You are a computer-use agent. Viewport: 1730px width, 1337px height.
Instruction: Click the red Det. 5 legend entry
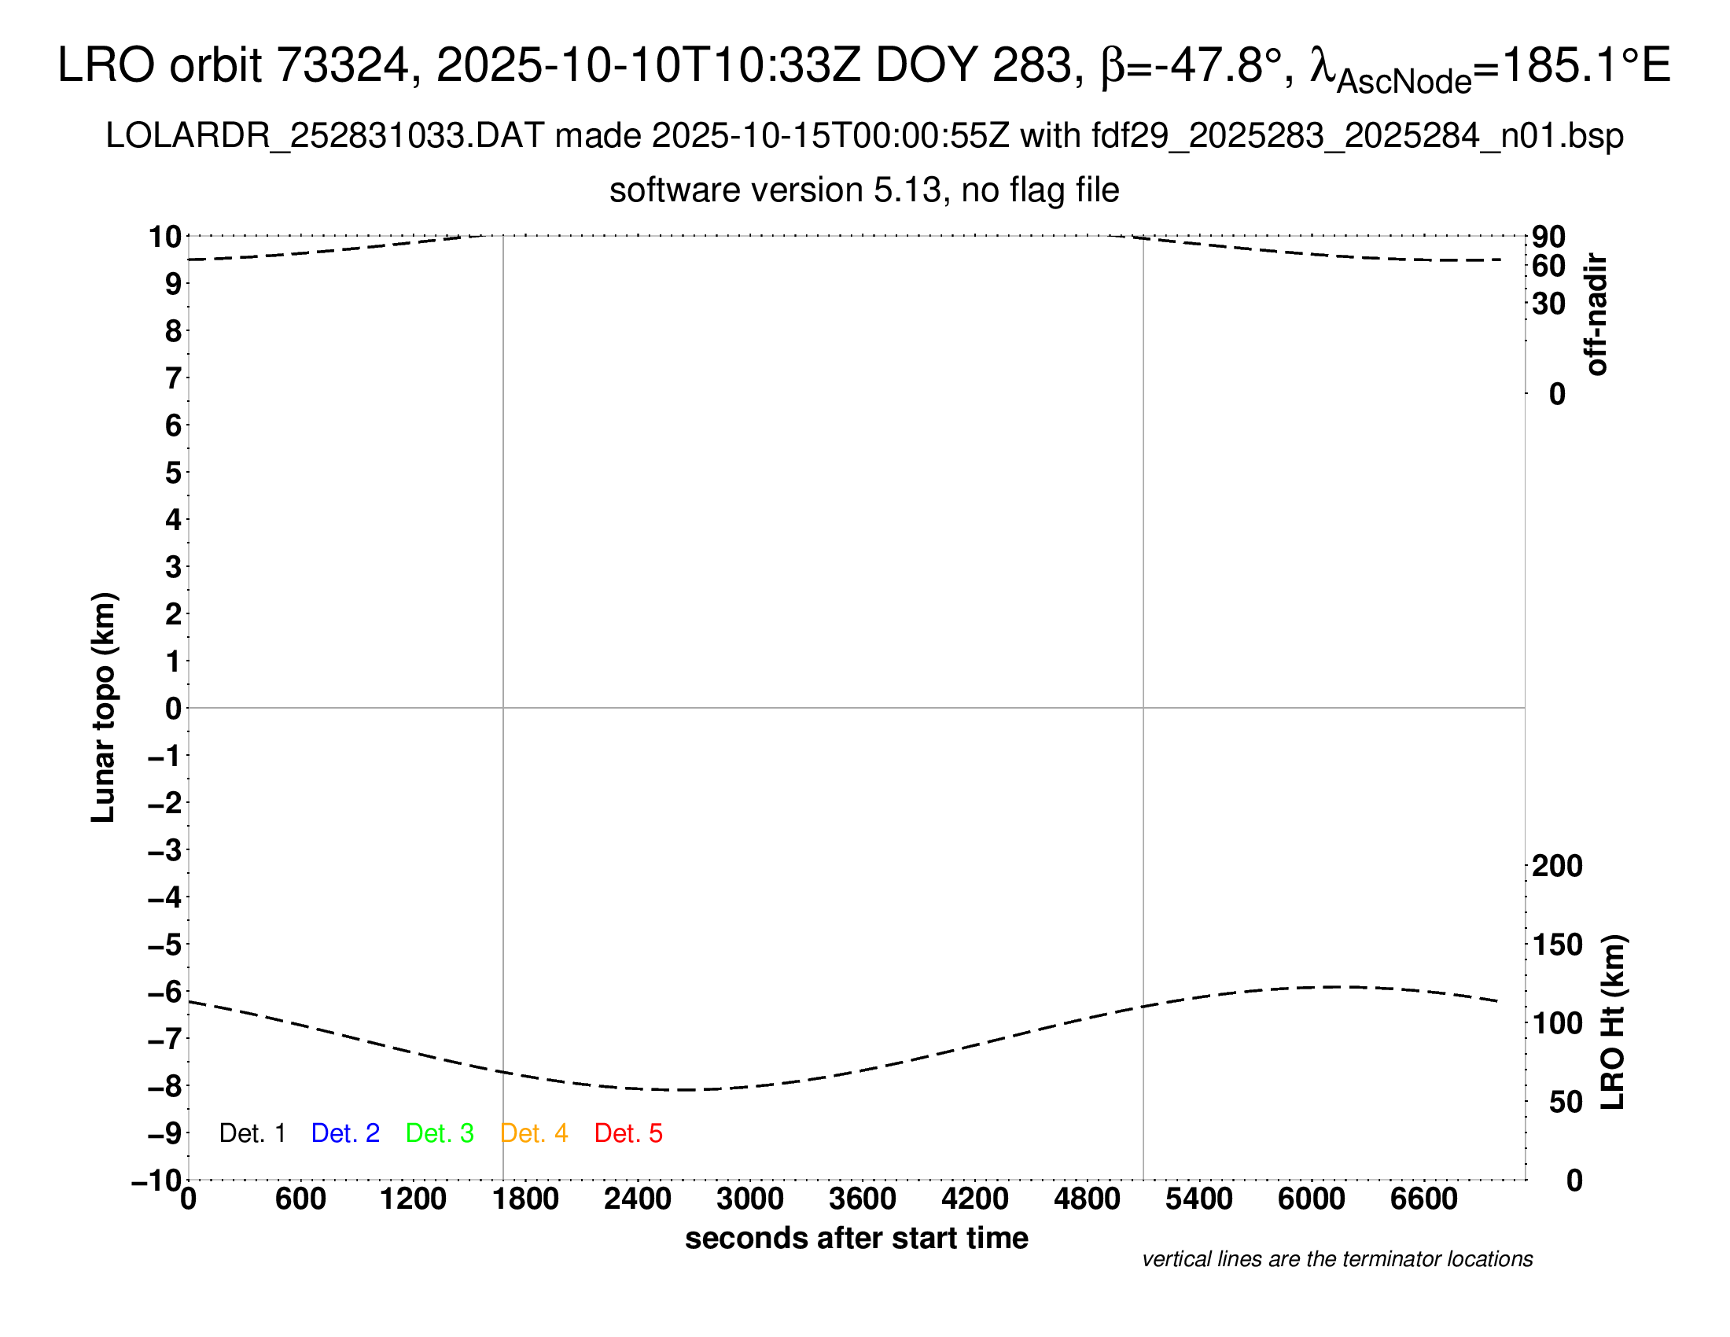click(x=628, y=1133)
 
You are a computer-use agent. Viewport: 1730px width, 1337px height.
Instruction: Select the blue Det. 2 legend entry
click(x=345, y=1133)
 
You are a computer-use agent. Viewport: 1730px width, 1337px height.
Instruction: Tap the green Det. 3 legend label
click(x=440, y=1133)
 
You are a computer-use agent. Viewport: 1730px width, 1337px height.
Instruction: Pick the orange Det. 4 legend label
click(x=534, y=1133)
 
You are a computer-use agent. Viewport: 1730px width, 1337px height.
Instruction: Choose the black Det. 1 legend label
click(x=252, y=1133)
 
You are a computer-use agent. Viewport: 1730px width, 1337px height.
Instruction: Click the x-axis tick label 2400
click(x=638, y=1199)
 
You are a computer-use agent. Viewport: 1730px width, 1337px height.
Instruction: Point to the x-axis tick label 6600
click(x=1423, y=1199)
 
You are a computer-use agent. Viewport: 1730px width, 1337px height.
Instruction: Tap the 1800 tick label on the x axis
click(x=525, y=1199)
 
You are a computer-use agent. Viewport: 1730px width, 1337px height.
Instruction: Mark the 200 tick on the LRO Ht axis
click(x=1557, y=866)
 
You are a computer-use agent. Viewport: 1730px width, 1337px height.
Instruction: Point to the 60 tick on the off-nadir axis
click(x=1548, y=266)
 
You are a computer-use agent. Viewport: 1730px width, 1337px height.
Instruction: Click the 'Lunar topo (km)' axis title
click(x=104, y=707)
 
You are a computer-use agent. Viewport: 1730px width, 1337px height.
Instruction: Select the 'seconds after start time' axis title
click(x=856, y=1238)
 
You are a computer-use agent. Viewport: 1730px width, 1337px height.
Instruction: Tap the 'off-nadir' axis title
click(x=1596, y=315)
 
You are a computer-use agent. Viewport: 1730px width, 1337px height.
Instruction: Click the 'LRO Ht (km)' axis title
click(x=1613, y=1022)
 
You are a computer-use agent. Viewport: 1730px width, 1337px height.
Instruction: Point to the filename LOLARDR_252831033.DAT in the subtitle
click(x=325, y=136)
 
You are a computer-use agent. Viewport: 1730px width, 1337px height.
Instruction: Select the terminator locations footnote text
click(x=1337, y=1259)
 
